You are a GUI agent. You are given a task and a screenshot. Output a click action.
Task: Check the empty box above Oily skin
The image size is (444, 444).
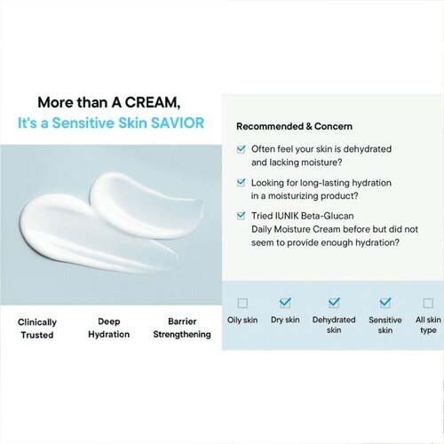(x=243, y=303)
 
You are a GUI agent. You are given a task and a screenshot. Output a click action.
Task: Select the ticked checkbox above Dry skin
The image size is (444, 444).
(x=286, y=303)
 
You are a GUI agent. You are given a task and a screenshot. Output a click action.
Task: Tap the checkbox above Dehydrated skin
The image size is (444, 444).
(x=334, y=303)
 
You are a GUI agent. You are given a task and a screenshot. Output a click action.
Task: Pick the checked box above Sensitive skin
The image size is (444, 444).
(x=385, y=303)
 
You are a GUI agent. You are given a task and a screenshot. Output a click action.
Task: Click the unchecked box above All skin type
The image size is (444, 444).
(x=428, y=303)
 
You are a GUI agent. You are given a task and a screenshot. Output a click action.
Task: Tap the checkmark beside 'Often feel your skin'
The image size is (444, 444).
(x=242, y=150)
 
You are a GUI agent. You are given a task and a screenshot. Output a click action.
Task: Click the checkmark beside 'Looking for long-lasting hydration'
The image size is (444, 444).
(x=242, y=182)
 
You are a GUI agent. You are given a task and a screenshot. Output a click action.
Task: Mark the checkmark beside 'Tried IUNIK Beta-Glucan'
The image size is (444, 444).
(x=242, y=215)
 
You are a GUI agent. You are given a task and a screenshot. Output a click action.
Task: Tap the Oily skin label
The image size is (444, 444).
(x=243, y=320)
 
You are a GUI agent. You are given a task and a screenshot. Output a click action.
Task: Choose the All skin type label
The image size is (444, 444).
(x=428, y=324)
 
